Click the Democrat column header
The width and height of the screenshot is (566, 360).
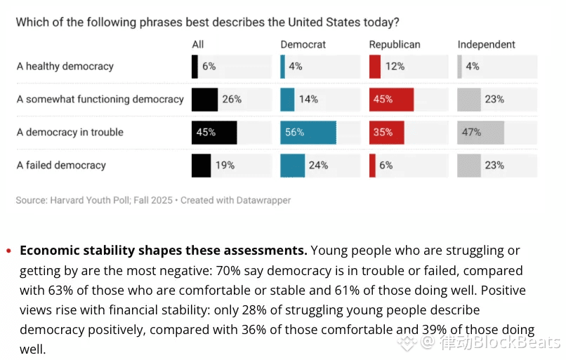[x=303, y=44]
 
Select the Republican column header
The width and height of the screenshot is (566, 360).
[x=395, y=44]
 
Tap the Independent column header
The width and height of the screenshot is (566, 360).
[x=486, y=44]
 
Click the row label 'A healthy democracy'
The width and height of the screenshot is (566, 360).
[x=65, y=67]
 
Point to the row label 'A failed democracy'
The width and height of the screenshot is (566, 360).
[x=61, y=166]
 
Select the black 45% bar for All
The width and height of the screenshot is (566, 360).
[x=213, y=132]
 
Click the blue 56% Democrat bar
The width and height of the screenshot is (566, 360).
[x=308, y=132]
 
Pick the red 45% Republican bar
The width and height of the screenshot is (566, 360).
[x=391, y=99]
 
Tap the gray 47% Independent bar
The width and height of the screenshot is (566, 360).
[x=480, y=132]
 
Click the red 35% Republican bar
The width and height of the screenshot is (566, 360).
[x=386, y=132]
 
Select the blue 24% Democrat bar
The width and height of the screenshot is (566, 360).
[x=292, y=166]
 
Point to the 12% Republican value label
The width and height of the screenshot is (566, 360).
[x=395, y=67]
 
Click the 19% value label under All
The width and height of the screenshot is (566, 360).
[x=225, y=166]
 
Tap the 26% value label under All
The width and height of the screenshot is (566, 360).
[x=232, y=99]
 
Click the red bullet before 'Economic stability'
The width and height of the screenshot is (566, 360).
[x=8, y=251]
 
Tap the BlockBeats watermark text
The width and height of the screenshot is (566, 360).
[x=499, y=342]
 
